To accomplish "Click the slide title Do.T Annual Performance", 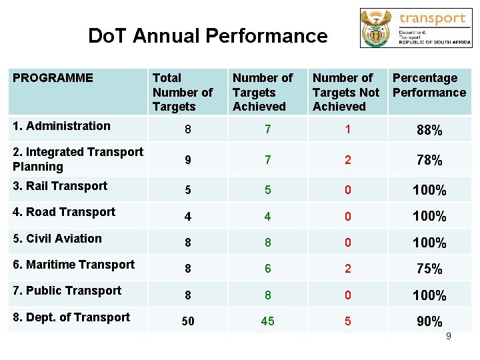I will tap(207, 35).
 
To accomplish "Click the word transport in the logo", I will tap(432, 18).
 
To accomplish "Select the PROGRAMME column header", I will tap(53, 78).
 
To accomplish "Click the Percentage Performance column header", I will tap(429, 85).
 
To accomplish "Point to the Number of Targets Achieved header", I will tap(263, 92).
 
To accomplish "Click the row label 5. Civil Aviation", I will tap(57, 239).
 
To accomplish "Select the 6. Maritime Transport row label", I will tap(73, 265).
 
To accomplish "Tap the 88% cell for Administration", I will tap(429, 130).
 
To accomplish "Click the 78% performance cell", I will tap(429, 161).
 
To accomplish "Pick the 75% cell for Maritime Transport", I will tap(429, 269).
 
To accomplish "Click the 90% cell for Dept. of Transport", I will tap(429, 321).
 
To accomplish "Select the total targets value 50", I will tap(188, 321).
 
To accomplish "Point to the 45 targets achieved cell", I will tap(267, 321).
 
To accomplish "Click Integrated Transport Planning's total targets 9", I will tap(188, 161).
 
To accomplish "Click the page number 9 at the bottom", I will tap(449, 336).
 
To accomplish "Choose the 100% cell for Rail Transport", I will tap(429, 191).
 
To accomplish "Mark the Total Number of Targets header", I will tap(182, 92).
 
